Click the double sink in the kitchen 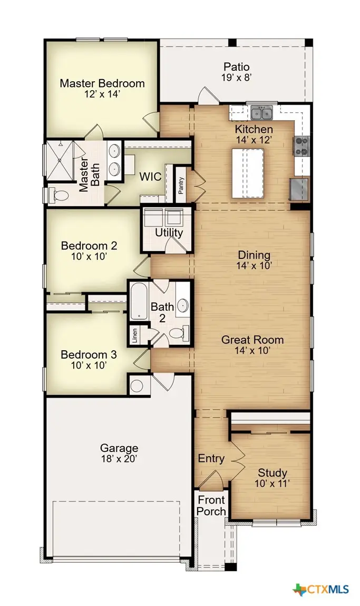pyautogui.click(x=261, y=113)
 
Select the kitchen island pyautogui.click(x=248, y=173)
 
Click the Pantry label pyautogui.click(x=181, y=185)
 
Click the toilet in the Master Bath pyautogui.click(x=59, y=196)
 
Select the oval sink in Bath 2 pyautogui.click(x=182, y=305)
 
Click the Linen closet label pyautogui.click(x=135, y=335)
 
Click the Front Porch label pyautogui.click(x=211, y=505)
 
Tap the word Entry pyautogui.click(x=211, y=459)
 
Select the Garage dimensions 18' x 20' pyautogui.click(x=119, y=459)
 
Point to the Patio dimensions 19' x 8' pyautogui.click(x=236, y=78)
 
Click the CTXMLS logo pyautogui.click(x=321, y=589)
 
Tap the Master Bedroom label pyautogui.click(x=102, y=83)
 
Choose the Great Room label pyautogui.click(x=252, y=340)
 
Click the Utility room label pyautogui.click(x=169, y=233)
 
